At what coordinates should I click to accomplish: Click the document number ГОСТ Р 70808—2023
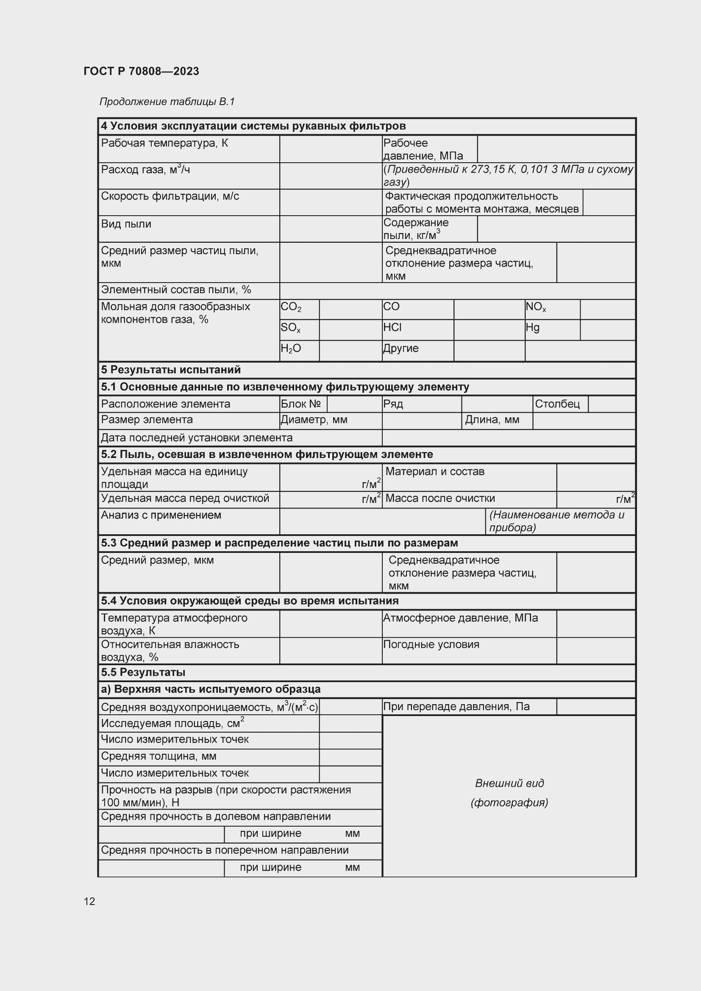pos(141,71)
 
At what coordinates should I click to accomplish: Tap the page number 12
pos(89,901)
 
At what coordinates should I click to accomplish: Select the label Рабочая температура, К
pos(164,143)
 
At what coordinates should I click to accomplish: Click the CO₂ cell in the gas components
pos(291,307)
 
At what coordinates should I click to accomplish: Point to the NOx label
pos(536,307)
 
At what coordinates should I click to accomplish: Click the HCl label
pos(392,328)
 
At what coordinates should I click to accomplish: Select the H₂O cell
pos(291,349)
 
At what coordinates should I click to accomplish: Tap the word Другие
pos(401,348)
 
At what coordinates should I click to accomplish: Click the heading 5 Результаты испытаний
pos(171,370)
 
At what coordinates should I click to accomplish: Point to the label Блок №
pos(301,404)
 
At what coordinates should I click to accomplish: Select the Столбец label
pos(557,404)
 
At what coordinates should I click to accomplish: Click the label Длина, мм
pos(492,419)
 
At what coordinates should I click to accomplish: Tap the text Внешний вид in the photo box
pos(509,783)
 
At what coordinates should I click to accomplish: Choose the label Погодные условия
pos(431,644)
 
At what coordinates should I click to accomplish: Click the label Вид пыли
pos(126,224)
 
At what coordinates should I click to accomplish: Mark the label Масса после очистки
pos(440,498)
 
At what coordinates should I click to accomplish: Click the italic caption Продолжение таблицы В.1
pos(167,102)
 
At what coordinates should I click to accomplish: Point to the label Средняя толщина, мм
pos(159,756)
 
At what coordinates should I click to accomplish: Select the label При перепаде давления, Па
pos(456,707)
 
